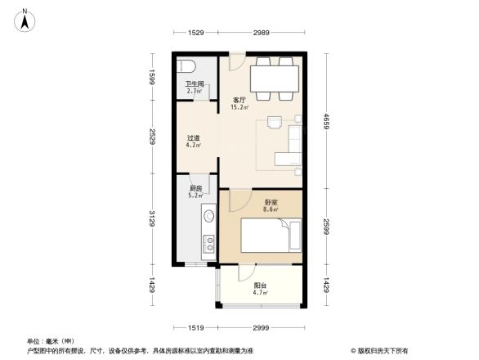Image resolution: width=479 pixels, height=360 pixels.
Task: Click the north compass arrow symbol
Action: (25, 19)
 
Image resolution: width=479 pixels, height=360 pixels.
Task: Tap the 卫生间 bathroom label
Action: (194, 83)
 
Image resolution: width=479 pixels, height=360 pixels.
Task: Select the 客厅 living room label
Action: (239, 100)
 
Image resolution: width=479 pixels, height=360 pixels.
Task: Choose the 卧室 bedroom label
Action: (271, 201)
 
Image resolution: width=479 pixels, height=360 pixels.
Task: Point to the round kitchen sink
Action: (208, 216)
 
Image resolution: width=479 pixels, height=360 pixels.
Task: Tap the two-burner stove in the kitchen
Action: (208, 242)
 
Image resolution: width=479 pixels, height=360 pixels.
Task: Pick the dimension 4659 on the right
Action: (325, 122)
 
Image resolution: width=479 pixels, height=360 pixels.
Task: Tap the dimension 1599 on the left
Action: (151, 79)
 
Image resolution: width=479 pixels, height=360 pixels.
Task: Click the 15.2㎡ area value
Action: (239, 107)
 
